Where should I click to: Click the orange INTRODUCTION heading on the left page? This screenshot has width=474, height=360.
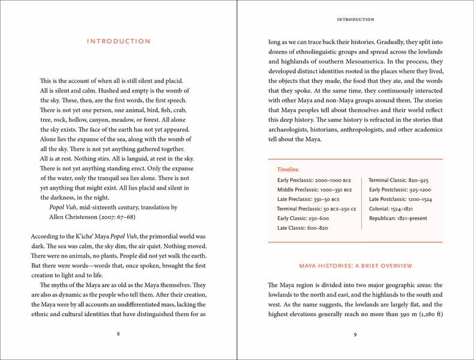[118, 41]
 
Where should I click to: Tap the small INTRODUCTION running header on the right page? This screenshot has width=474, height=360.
[355, 19]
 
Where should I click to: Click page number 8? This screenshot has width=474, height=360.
[118, 334]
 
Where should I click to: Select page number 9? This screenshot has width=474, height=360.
[355, 334]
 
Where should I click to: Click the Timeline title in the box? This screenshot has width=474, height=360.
[287, 170]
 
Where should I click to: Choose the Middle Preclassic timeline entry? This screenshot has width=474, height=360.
[314, 190]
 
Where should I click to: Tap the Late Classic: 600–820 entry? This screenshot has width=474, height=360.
[302, 228]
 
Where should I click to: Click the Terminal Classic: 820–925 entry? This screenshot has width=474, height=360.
[398, 180]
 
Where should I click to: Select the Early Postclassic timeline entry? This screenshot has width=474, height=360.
[400, 190]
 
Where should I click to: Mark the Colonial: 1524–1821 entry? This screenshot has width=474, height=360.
[391, 209]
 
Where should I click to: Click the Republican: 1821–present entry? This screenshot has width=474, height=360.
[398, 218]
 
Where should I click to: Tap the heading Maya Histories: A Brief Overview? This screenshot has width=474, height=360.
[355, 265]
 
